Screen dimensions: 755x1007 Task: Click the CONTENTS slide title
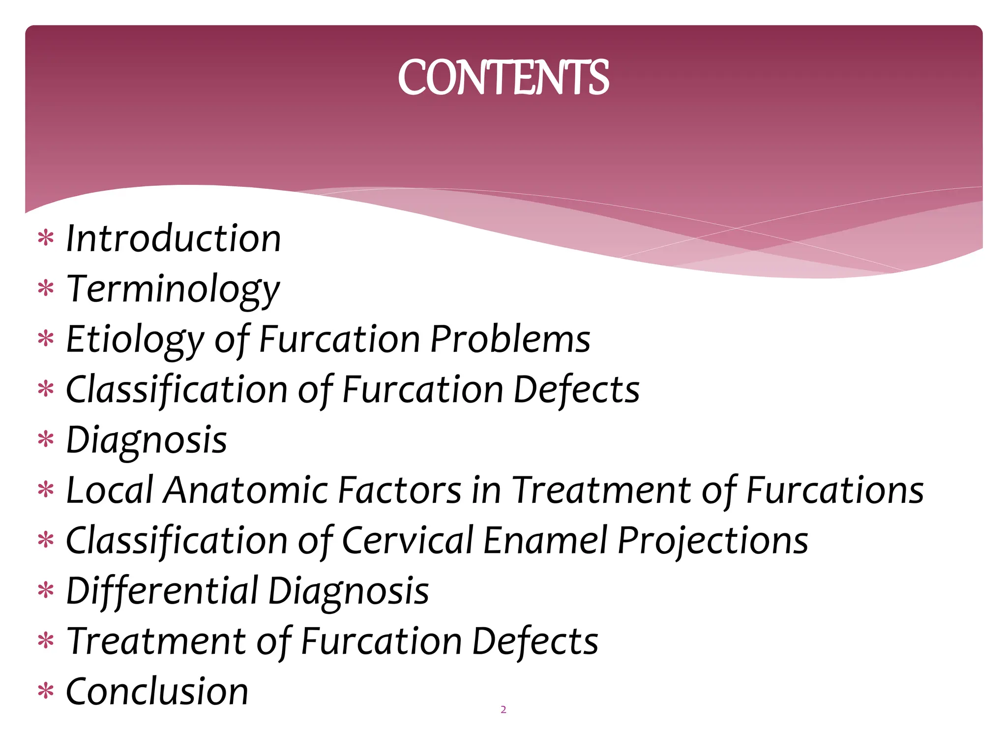503,77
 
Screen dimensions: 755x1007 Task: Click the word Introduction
173,238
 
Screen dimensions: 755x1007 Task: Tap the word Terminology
173,289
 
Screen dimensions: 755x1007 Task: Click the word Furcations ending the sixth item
834,490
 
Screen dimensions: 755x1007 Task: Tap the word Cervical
407,540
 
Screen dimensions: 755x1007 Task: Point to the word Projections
712,540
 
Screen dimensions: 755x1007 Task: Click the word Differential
162,590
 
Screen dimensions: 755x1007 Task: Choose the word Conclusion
157,691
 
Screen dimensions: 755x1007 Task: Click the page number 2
503,709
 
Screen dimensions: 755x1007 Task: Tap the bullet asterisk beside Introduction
46,238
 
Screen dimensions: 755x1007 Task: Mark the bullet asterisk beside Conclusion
46,691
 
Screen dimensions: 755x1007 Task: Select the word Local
110,490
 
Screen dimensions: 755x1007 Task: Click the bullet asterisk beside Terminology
46,289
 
